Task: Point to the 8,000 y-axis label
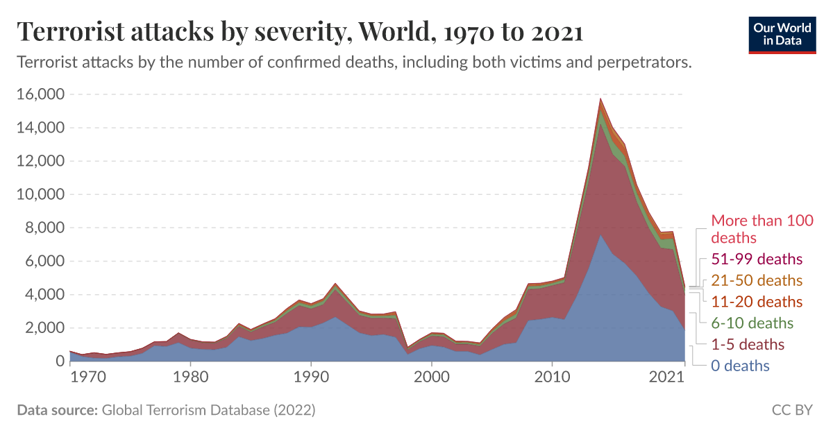pyautogui.click(x=43, y=228)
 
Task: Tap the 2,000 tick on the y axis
pyautogui.click(x=43, y=328)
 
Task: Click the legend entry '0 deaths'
pyautogui.click(x=740, y=366)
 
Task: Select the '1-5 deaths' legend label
pyautogui.click(x=748, y=344)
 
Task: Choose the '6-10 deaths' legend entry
pyautogui.click(x=752, y=323)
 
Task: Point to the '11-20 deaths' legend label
pyautogui.click(x=757, y=302)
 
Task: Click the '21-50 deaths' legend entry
pyautogui.click(x=757, y=281)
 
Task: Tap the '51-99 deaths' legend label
pyautogui.click(x=757, y=259)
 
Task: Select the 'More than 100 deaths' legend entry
pyautogui.click(x=762, y=229)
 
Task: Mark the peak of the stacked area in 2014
pyautogui.click(x=600, y=99)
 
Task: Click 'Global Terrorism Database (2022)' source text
pyautogui.click(x=208, y=410)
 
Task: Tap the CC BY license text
pyautogui.click(x=791, y=410)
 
